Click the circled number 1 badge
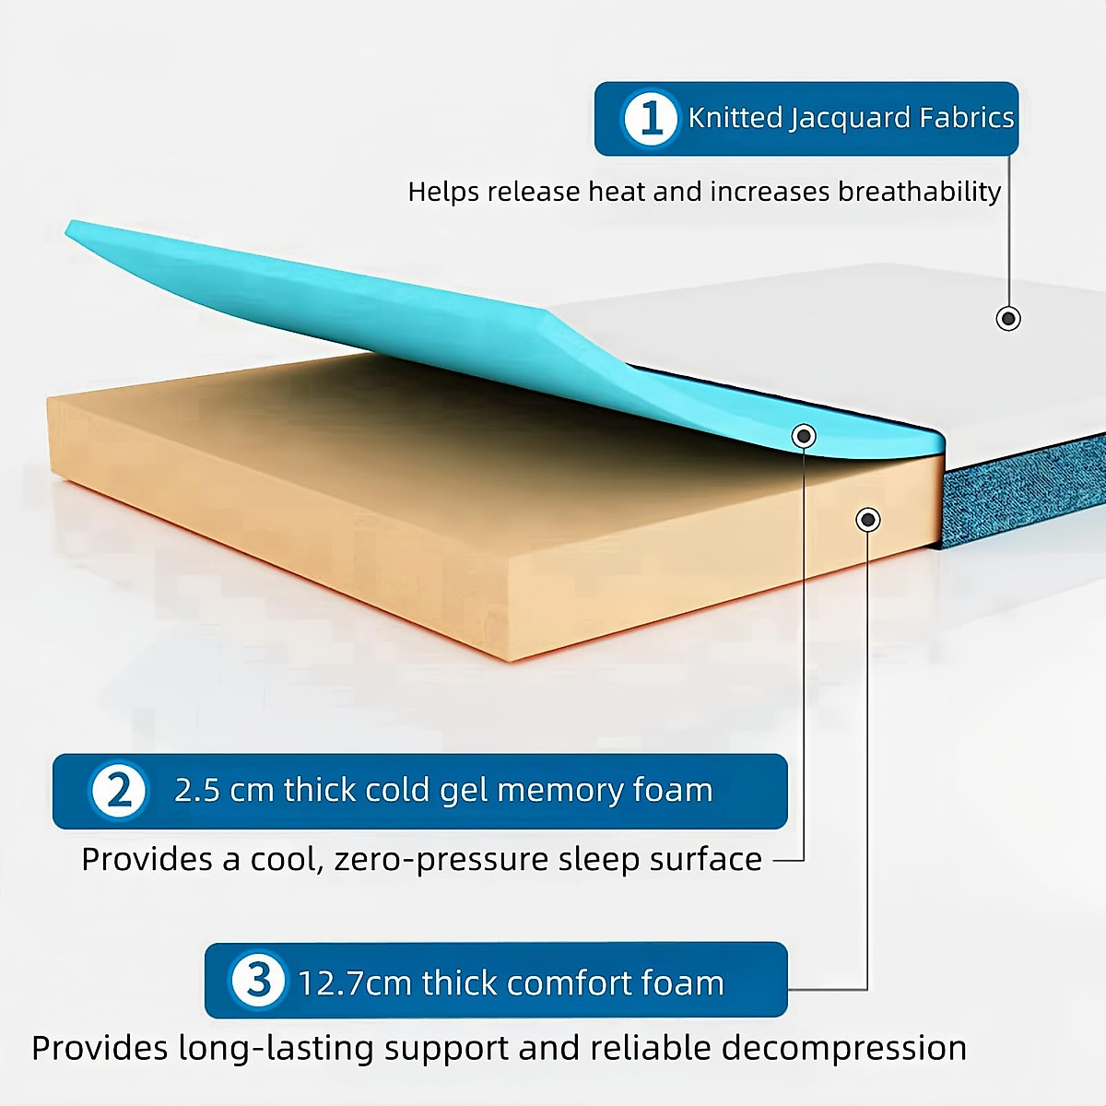(652, 118)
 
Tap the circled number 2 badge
(119, 791)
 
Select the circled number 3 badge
(258, 980)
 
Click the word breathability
(919, 192)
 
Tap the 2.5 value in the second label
(196, 791)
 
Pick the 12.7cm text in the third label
(355, 983)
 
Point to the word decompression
(843, 1049)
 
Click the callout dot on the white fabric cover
(1008, 319)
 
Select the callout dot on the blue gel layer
(804, 435)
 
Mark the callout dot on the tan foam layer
(867, 520)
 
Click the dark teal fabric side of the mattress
(1023, 493)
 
